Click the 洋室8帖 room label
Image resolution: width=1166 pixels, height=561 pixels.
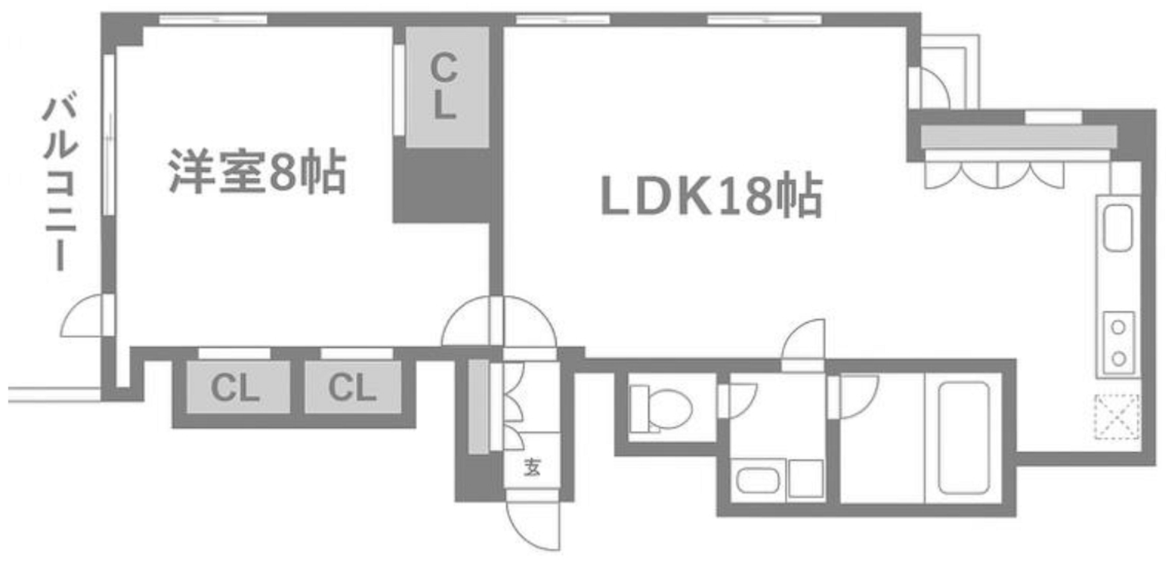(257, 171)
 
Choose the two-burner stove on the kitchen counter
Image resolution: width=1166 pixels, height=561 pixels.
(1118, 343)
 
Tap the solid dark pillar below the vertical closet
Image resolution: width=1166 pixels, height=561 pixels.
(441, 186)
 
